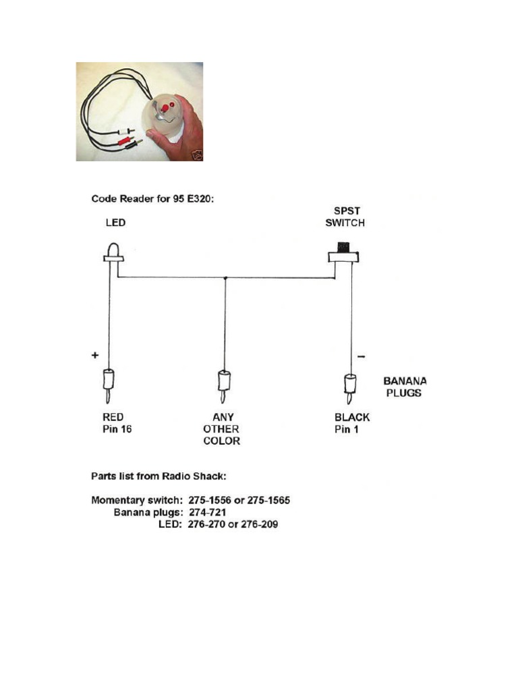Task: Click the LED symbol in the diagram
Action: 112,252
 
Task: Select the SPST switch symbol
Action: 344,254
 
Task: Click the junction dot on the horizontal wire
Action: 225,277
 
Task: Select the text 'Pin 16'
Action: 117,430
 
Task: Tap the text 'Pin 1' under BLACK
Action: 347,430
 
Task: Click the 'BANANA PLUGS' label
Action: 404,387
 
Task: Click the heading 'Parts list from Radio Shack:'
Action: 159,476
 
